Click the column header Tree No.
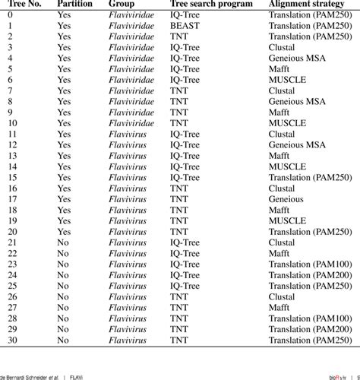click(23, 5)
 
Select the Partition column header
click(74, 5)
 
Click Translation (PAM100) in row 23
click(311, 264)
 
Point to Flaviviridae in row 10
click(132, 122)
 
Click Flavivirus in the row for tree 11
click(127, 134)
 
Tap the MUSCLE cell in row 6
click(287, 79)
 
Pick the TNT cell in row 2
click(179, 36)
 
